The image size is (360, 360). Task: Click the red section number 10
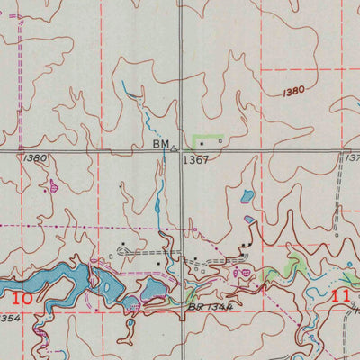point(25,297)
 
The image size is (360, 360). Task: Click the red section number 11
point(341,295)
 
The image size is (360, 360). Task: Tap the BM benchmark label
point(161,143)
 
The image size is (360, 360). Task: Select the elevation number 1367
point(195,160)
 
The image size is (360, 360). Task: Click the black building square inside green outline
point(202,142)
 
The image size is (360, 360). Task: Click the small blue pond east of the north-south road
point(247,195)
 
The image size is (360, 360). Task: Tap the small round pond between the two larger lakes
point(131,302)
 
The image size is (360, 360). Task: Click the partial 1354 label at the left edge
point(9,318)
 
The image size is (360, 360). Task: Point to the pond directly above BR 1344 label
point(153,288)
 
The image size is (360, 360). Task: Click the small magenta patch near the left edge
point(54,186)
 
